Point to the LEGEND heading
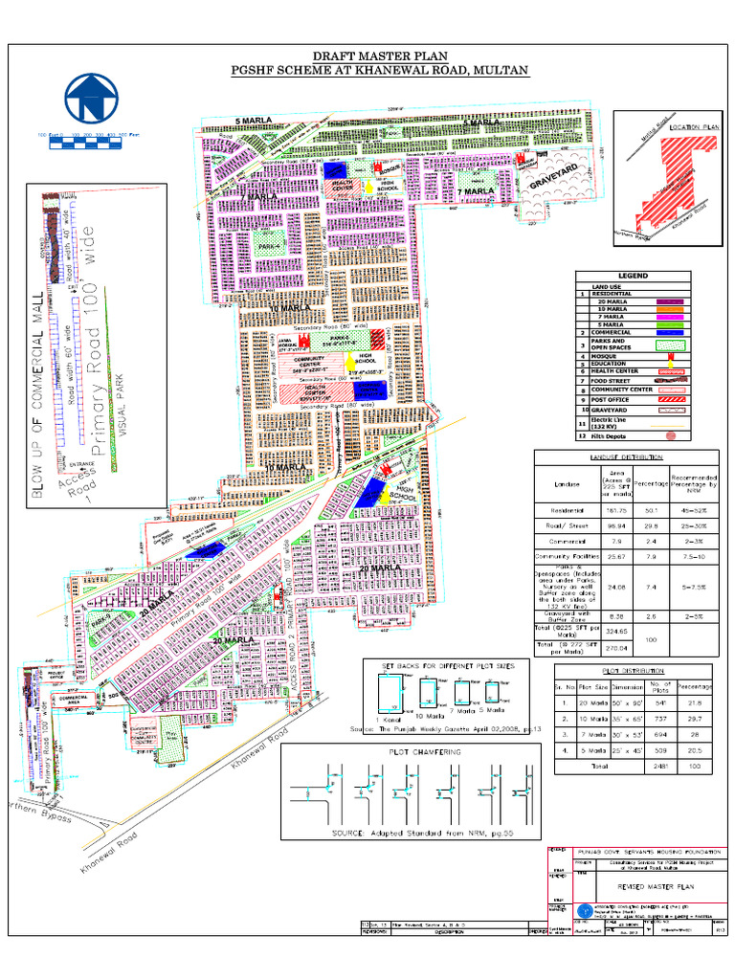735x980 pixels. tap(633, 276)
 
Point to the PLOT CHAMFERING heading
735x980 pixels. tap(424, 752)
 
